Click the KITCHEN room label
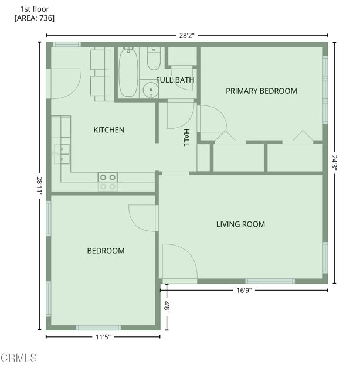[108, 130]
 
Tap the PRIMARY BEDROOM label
[261, 91]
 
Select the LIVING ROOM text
[240, 224]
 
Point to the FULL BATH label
[175, 80]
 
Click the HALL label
[186, 138]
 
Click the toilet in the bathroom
[154, 59]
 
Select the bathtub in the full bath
[128, 72]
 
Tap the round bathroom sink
[151, 90]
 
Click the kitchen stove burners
[108, 182]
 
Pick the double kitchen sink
[62, 154]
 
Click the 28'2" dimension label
[187, 36]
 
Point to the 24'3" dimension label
[334, 163]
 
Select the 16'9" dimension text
[244, 291]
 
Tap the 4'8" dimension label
[167, 306]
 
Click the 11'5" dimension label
[103, 337]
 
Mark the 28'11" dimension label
[39, 186]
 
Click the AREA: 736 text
[35, 18]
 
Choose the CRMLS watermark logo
[19, 358]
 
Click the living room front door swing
[180, 261]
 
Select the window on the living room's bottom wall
[270, 281]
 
